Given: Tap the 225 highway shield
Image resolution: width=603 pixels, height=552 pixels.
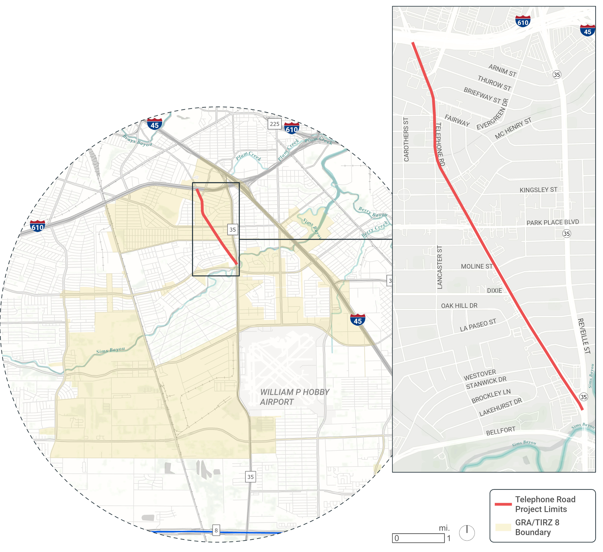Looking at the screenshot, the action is pos(275,124).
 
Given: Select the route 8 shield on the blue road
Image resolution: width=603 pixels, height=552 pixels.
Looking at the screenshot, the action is pos(216,530).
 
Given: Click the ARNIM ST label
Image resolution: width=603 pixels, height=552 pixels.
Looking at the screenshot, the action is pos(503,70).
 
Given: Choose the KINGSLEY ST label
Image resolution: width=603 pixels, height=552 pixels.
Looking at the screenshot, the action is pos(538,190).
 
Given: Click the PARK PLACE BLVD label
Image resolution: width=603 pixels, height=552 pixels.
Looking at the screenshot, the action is pos(553,222).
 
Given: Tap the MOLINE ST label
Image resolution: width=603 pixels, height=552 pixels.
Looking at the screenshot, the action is pos(477,266).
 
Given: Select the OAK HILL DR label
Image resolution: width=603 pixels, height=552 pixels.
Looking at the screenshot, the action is pos(459,306).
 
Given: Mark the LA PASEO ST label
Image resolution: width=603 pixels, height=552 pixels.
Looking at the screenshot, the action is pos(478,325).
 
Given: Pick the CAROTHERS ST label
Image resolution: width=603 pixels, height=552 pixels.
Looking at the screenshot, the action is pos(406,140).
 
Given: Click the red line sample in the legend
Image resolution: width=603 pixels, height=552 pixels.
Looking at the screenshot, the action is pos(503,504).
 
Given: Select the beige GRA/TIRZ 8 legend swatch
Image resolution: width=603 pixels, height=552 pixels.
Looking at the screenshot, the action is pos(503,527).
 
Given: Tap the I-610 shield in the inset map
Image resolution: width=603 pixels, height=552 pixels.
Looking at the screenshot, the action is pos(523,22).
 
